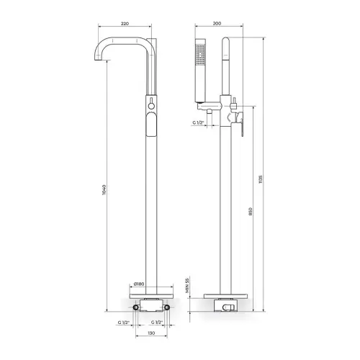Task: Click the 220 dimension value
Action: pos(125,24)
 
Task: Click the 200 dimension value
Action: pos(217,24)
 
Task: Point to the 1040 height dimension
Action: pos(104,190)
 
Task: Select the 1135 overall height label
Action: pos(261,179)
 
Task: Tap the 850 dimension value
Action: pos(251,212)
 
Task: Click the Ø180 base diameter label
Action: pos(139,284)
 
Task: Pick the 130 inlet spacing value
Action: pos(151,333)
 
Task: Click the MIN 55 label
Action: pos(187,286)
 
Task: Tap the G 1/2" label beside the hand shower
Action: pos(198,122)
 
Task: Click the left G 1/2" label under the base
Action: pos(124,323)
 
